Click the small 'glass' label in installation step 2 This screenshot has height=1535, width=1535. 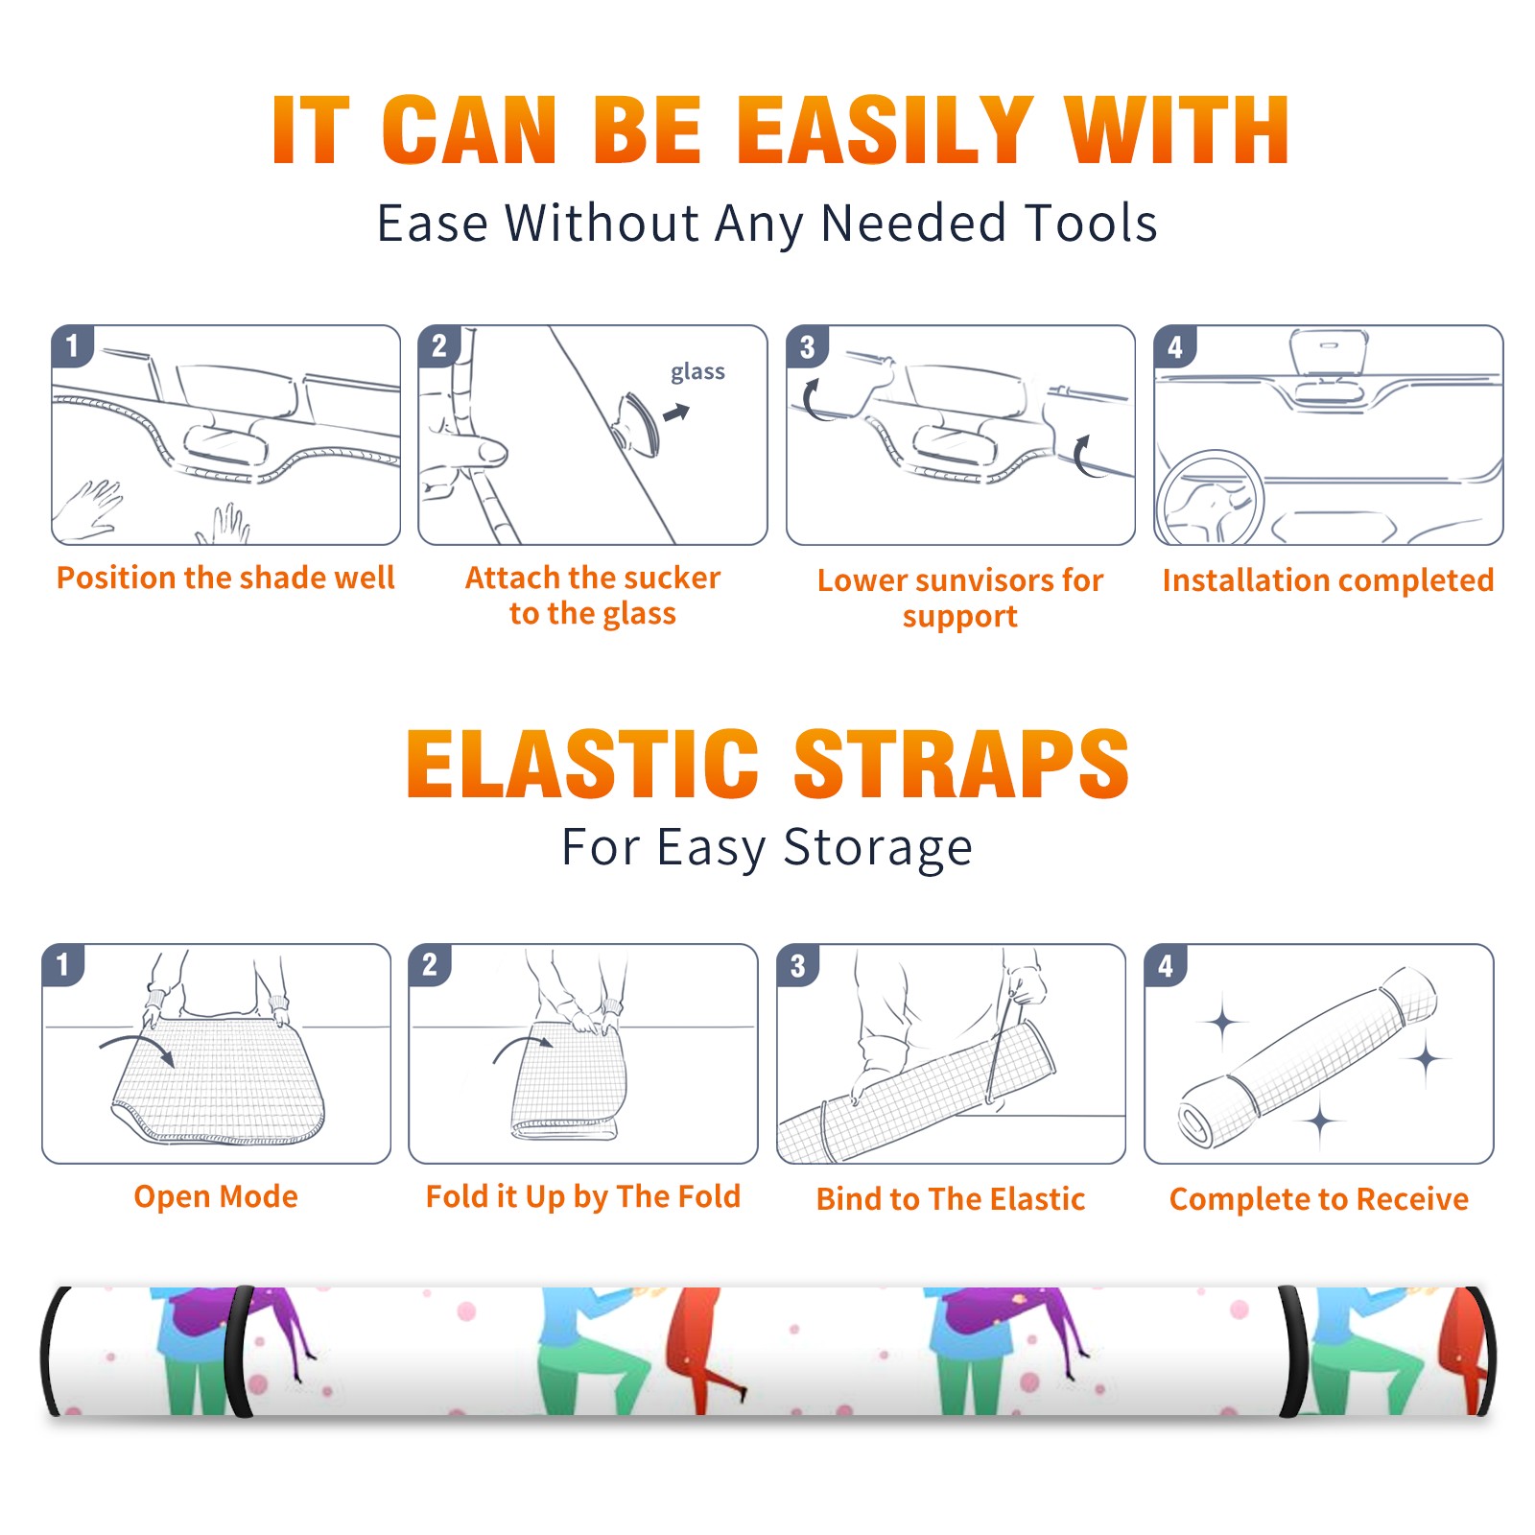pos(697,372)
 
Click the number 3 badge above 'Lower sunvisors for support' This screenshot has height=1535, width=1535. pos(808,346)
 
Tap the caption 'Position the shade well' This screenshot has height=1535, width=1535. pos(225,578)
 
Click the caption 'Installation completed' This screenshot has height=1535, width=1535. pos(1328,579)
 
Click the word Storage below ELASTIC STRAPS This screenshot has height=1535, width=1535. pos(878,848)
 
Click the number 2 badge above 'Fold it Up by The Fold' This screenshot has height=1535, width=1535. pos(430,964)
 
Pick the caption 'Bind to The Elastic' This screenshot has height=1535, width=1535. pos(951,1199)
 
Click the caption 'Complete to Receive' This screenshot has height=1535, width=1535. pos(1319,1199)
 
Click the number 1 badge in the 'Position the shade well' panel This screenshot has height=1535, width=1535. pos(72,345)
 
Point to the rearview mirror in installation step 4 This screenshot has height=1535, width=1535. pos(1329,353)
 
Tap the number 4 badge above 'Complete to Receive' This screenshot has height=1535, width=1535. pos(1166,965)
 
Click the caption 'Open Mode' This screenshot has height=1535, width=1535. pos(216,1196)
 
